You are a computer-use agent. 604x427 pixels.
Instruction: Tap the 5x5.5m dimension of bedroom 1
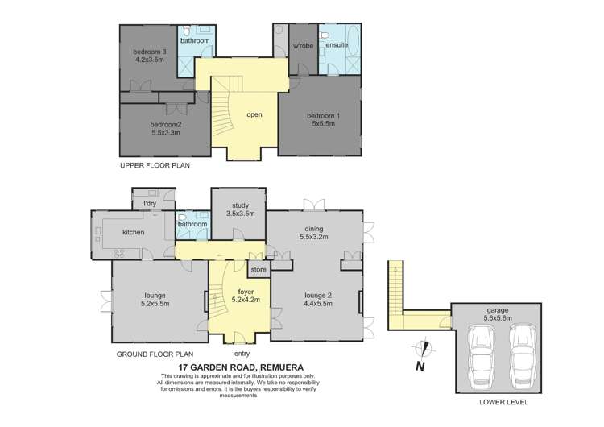click(x=323, y=124)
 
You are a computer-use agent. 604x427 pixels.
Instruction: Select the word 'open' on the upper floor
click(x=254, y=115)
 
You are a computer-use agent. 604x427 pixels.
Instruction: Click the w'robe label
click(x=303, y=45)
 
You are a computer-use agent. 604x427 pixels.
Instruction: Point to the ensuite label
click(x=337, y=44)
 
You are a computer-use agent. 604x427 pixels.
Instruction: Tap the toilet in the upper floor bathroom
click(x=187, y=30)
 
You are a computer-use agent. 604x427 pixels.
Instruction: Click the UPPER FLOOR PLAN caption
click(x=155, y=165)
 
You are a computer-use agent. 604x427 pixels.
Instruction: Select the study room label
click(x=240, y=205)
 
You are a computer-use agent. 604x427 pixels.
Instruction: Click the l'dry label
click(x=150, y=203)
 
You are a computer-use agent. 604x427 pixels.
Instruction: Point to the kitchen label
click(x=133, y=232)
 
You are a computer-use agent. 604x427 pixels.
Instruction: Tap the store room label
click(x=259, y=270)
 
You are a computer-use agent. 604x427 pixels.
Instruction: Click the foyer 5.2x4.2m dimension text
click(x=246, y=300)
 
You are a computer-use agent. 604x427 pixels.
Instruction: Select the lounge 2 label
click(x=318, y=296)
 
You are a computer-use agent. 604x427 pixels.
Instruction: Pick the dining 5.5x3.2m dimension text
click(x=314, y=237)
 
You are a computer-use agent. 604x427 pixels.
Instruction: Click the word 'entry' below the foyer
click(x=242, y=354)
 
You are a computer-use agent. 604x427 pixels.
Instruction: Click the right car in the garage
click(x=523, y=356)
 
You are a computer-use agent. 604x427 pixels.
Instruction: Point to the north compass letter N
click(x=420, y=366)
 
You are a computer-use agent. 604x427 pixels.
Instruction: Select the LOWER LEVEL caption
click(x=503, y=402)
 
